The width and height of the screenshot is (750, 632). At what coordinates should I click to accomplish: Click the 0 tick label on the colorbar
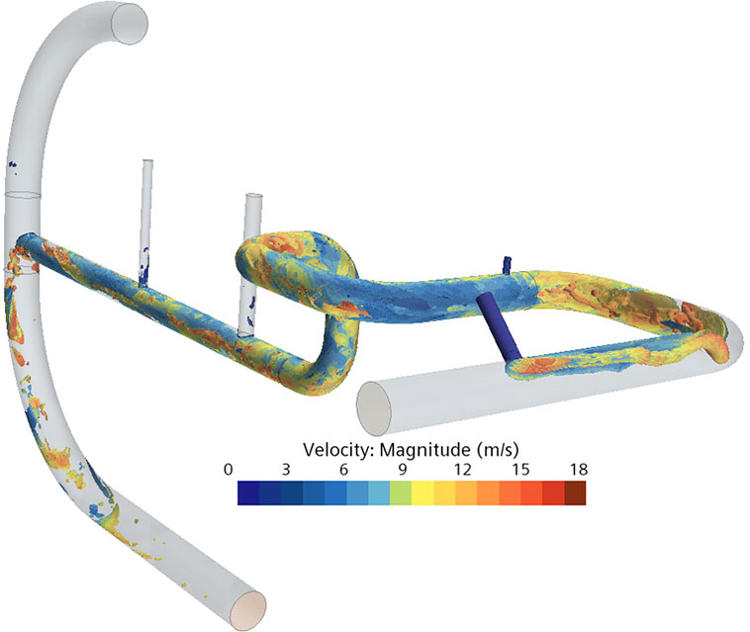[x=229, y=470]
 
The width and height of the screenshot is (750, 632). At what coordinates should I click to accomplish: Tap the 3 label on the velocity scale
[x=286, y=470]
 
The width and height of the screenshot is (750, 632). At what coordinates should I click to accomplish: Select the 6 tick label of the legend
[x=344, y=470]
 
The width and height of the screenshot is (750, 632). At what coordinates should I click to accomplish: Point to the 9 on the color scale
[x=403, y=470]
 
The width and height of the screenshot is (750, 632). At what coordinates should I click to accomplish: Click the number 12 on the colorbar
[x=462, y=470]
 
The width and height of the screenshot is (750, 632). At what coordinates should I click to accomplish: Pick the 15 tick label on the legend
[x=520, y=470]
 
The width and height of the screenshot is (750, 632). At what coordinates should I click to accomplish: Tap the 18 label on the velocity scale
[x=579, y=470]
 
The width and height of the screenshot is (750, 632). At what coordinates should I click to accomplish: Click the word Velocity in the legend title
[x=339, y=449]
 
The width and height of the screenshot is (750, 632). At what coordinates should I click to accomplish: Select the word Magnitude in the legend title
[x=425, y=450]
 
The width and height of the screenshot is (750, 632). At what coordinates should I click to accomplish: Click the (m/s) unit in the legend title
[x=498, y=450]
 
